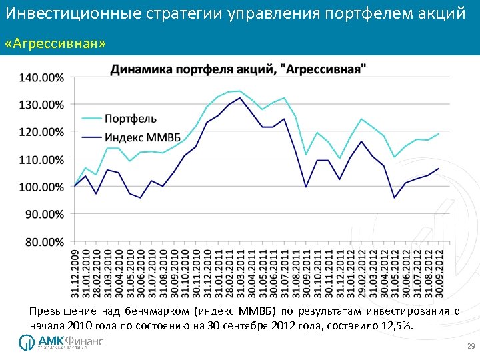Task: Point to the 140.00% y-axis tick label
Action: point(41,77)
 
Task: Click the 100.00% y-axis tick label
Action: point(41,187)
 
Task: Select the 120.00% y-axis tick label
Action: point(41,133)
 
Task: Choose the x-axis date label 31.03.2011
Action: point(240,274)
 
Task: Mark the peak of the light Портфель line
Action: point(239,91)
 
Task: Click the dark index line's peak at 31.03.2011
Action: point(240,98)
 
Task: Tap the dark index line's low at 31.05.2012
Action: point(394,197)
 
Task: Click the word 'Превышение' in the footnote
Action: point(63,311)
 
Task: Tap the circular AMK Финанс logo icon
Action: point(27,342)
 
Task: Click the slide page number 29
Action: point(470,347)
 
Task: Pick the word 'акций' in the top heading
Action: point(441,13)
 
